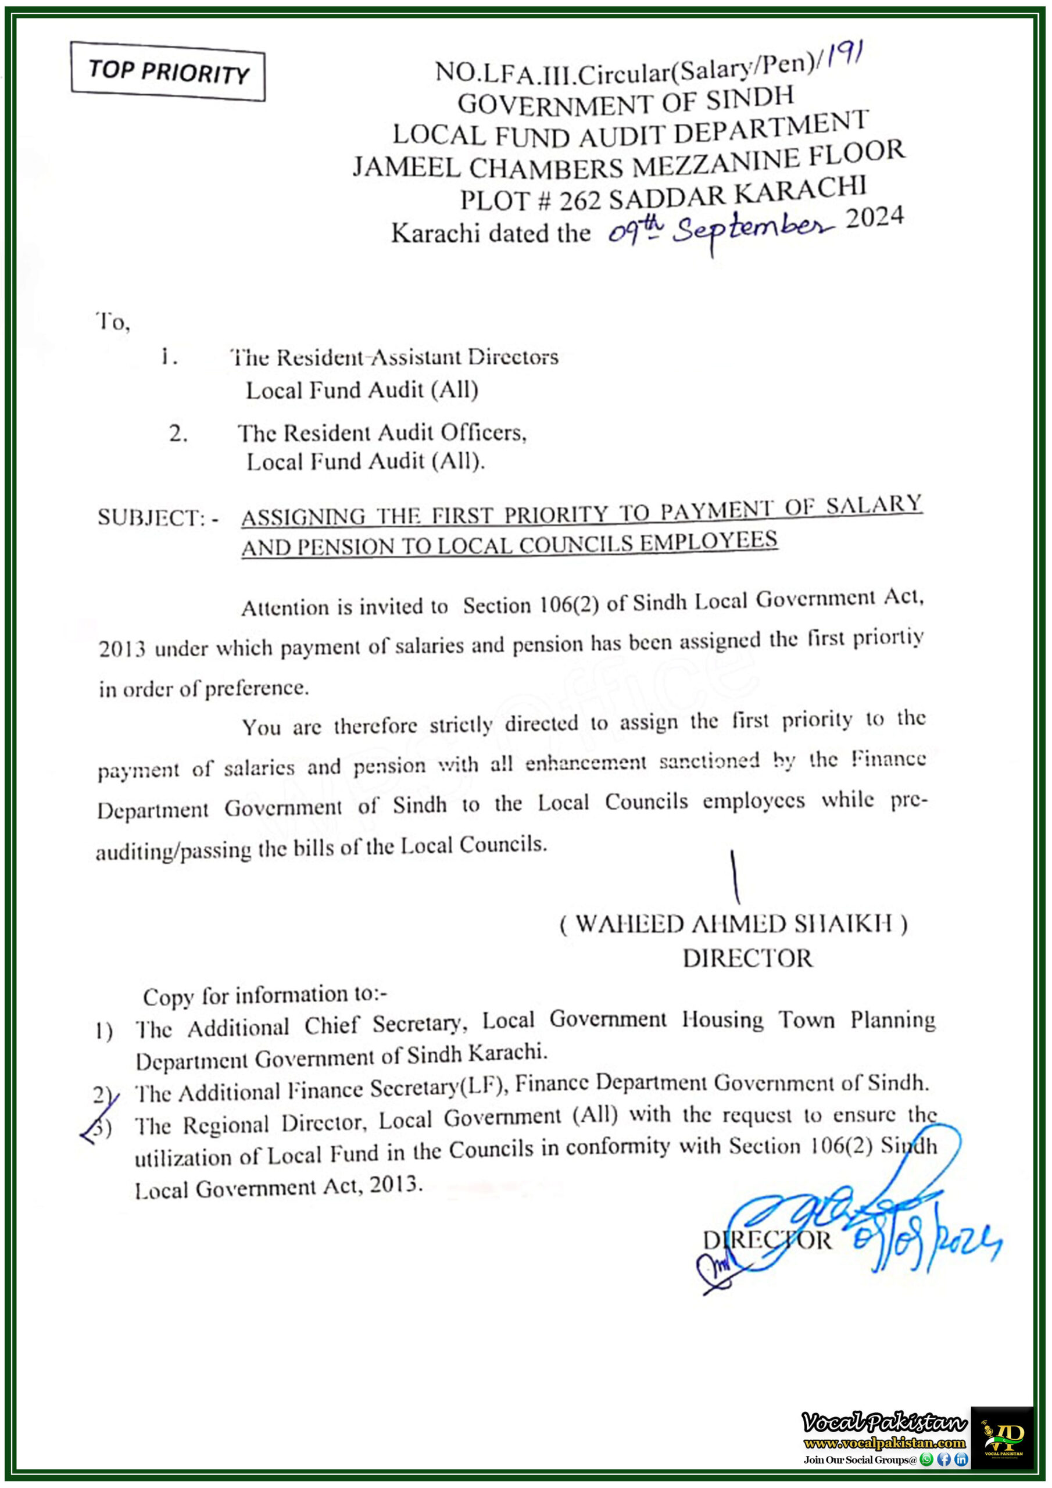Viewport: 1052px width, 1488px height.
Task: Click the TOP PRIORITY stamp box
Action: (168, 72)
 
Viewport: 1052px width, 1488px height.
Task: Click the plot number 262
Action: (580, 201)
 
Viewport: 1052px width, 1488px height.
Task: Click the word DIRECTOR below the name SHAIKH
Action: (747, 958)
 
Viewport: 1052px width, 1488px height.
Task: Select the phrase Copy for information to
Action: (264, 996)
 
